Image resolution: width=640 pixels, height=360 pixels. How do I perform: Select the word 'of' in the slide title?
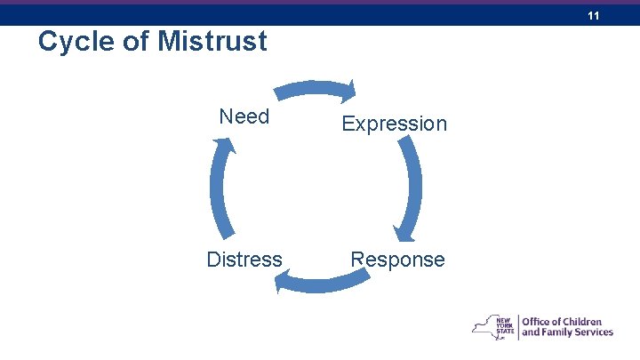point(134,42)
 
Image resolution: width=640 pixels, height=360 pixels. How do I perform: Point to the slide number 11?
point(594,16)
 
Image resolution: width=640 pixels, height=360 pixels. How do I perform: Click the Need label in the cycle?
point(244,116)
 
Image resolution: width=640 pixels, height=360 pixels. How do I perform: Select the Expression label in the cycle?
point(395,124)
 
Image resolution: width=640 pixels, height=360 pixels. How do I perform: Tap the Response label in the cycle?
point(397,260)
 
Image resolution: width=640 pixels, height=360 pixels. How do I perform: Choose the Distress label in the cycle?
point(244,260)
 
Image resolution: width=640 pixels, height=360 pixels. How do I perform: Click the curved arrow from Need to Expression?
point(311,87)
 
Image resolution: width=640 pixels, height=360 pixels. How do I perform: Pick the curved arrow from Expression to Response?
point(413,182)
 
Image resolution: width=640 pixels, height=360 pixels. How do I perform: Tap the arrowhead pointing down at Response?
point(404,236)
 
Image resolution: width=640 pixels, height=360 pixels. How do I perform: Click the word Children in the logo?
point(581,322)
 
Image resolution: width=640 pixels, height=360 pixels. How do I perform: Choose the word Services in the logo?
point(592,333)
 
